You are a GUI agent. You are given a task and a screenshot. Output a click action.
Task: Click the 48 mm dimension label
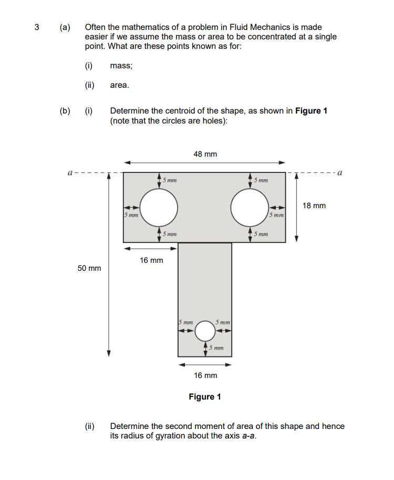coord(205,154)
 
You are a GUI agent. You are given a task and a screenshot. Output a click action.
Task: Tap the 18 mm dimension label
coord(314,206)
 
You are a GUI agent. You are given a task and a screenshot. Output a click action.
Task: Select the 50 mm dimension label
coord(89,268)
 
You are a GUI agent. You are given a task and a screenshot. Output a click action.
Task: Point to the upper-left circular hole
coord(159,207)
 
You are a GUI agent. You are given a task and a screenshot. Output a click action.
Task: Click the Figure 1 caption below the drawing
coord(205,396)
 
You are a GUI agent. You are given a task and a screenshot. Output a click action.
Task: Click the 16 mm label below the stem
coord(205,375)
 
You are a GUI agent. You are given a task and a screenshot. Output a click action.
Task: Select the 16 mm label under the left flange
coord(151,260)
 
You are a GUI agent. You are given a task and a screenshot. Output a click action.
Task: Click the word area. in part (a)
coord(119,85)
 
